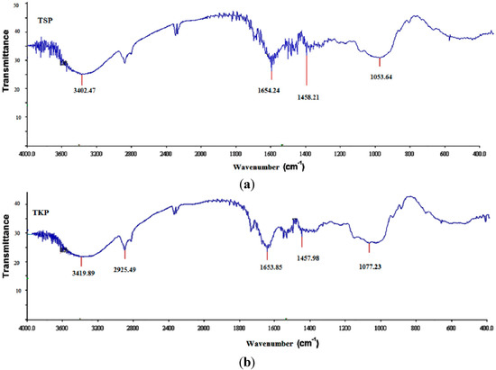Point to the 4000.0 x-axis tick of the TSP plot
pyautogui.click(x=29, y=154)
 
